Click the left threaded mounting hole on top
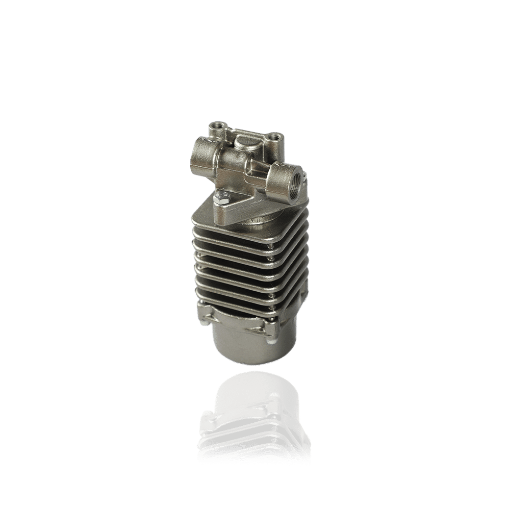point(217,125)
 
